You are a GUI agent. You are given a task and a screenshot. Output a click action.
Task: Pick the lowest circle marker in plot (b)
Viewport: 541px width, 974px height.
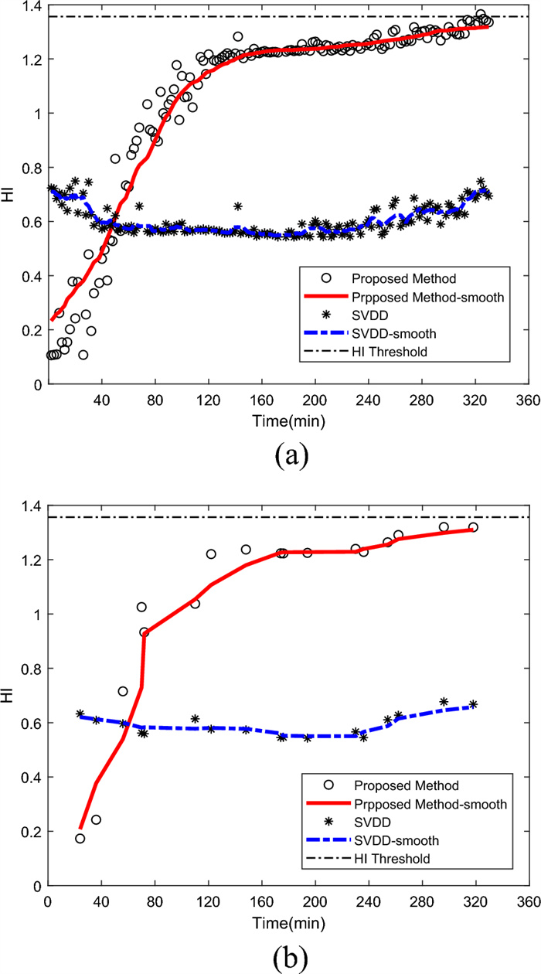click(x=80, y=838)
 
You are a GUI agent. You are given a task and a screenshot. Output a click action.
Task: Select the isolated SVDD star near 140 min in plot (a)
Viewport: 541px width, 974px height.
click(x=238, y=206)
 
